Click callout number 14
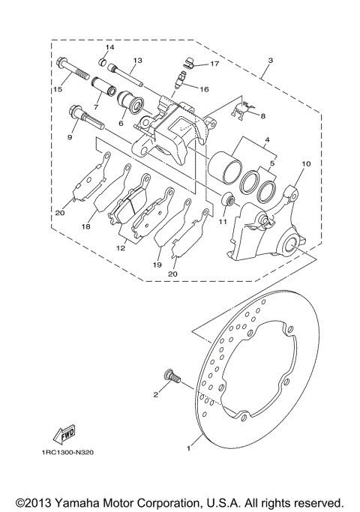pos(109,48)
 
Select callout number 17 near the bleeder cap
pos(214,64)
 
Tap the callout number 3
pos(270,59)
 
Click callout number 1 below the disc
pos(190,446)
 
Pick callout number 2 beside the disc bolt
pos(155,394)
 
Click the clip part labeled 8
pos(239,110)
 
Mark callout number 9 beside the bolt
pos(72,137)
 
